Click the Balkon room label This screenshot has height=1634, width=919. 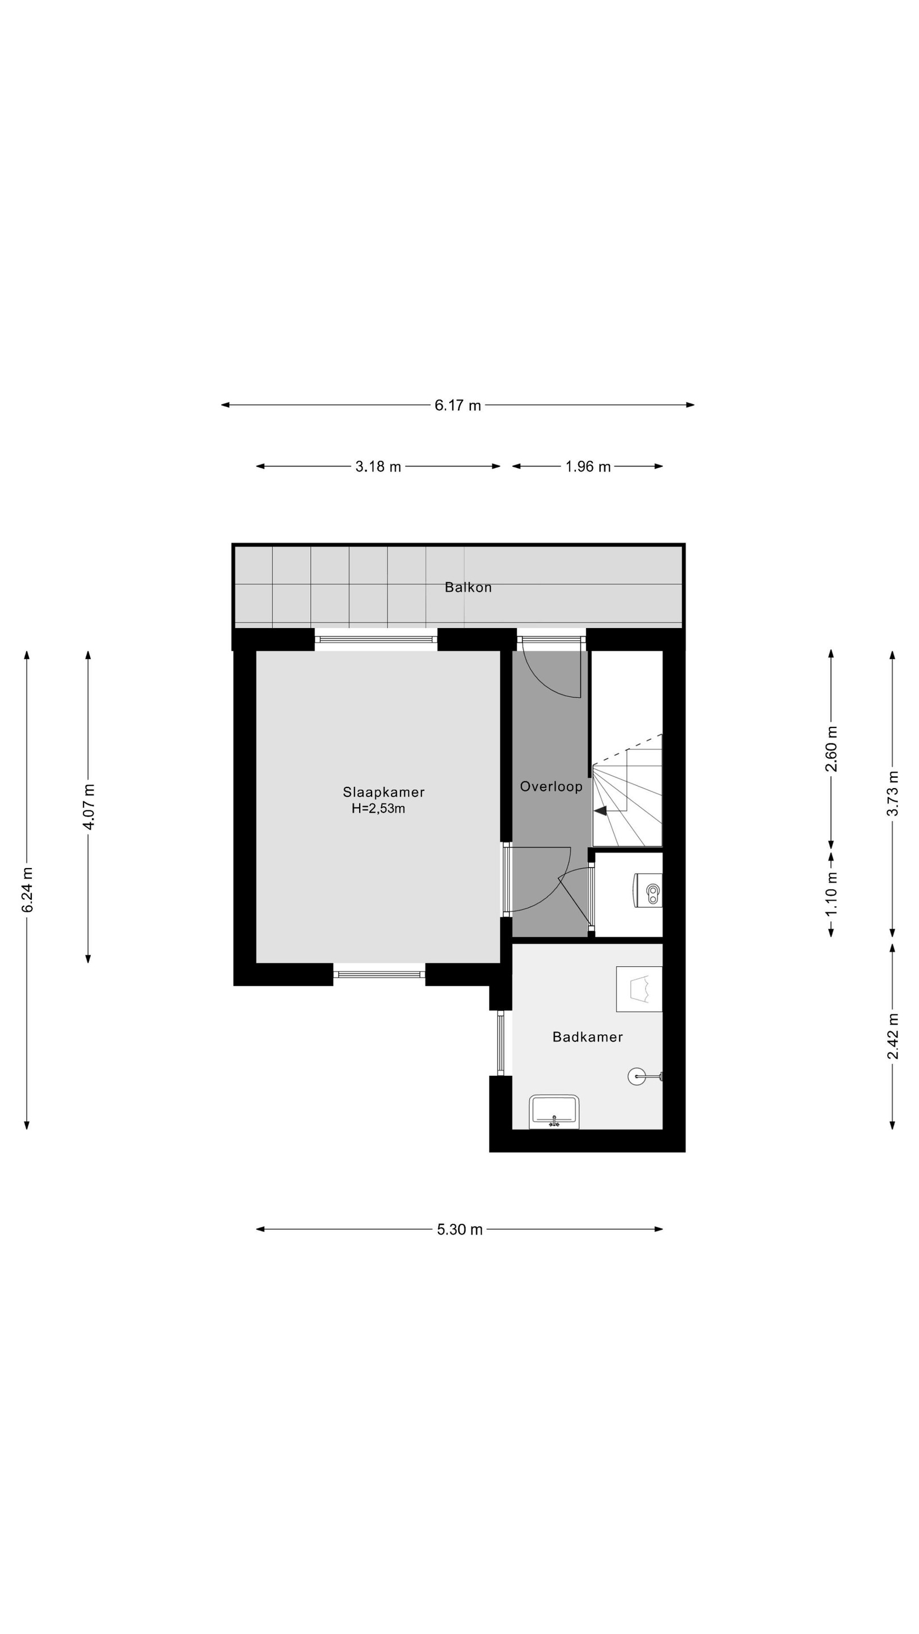click(467, 587)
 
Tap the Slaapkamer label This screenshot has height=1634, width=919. click(383, 791)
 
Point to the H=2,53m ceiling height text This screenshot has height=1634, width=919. click(378, 808)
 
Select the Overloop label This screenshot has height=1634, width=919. click(550, 786)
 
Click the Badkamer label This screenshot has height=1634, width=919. click(587, 1037)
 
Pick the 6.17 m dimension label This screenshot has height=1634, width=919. click(457, 405)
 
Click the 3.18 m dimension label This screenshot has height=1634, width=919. click(378, 467)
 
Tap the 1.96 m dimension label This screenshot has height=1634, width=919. click(588, 467)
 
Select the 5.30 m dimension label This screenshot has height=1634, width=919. click(460, 1229)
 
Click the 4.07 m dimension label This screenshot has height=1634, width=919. click(89, 807)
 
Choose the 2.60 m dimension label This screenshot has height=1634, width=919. click(832, 749)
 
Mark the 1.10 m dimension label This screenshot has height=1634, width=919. click(832, 894)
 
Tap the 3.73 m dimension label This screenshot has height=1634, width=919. click(893, 793)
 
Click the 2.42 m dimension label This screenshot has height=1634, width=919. click(893, 1037)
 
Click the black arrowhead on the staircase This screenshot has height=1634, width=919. click(600, 811)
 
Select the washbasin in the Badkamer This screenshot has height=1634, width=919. click(554, 1111)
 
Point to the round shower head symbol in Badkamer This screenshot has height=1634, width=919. click(636, 1076)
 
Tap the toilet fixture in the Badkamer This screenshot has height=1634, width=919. click(639, 989)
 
